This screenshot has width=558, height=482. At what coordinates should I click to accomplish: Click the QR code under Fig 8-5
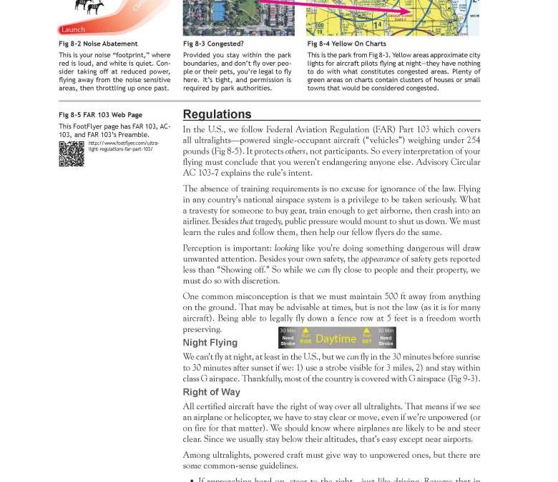pyautogui.click(x=71, y=154)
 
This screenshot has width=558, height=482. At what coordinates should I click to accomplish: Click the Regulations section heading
pyautogui.click(x=217, y=114)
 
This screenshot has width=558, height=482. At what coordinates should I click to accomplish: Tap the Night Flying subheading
pyautogui.click(x=210, y=343)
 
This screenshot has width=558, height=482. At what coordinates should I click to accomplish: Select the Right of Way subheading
pyautogui.click(x=211, y=392)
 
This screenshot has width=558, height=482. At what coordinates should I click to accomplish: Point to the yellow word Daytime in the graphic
pyautogui.click(x=336, y=339)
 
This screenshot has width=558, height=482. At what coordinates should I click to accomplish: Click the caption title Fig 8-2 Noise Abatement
pyautogui.click(x=98, y=44)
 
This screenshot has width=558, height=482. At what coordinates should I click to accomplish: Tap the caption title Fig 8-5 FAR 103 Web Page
pyautogui.click(x=100, y=115)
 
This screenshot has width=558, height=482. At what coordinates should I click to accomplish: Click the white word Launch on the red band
pyautogui.click(x=73, y=29)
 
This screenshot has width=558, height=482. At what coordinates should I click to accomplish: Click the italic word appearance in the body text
pyautogui.click(x=380, y=259)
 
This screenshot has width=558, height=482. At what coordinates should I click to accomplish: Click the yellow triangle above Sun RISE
pyautogui.click(x=305, y=331)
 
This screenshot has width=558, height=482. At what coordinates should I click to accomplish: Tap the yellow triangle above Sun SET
pyautogui.click(x=366, y=331)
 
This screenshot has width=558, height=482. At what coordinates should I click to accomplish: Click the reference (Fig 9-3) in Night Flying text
pyautogui.click(x=464, y=378)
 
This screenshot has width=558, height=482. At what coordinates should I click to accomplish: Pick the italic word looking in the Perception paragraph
pyautogui.click(x=287, y=248)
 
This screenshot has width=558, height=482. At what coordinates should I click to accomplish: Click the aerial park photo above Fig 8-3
pyautogui.click(x=238, y=18)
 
